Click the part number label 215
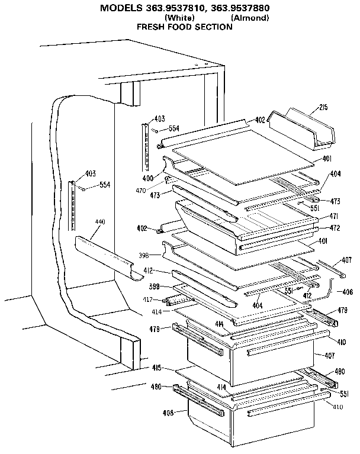coord(323,107)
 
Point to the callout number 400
coord(148,178)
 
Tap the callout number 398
coord(144,256)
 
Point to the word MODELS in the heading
coord(118,8)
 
